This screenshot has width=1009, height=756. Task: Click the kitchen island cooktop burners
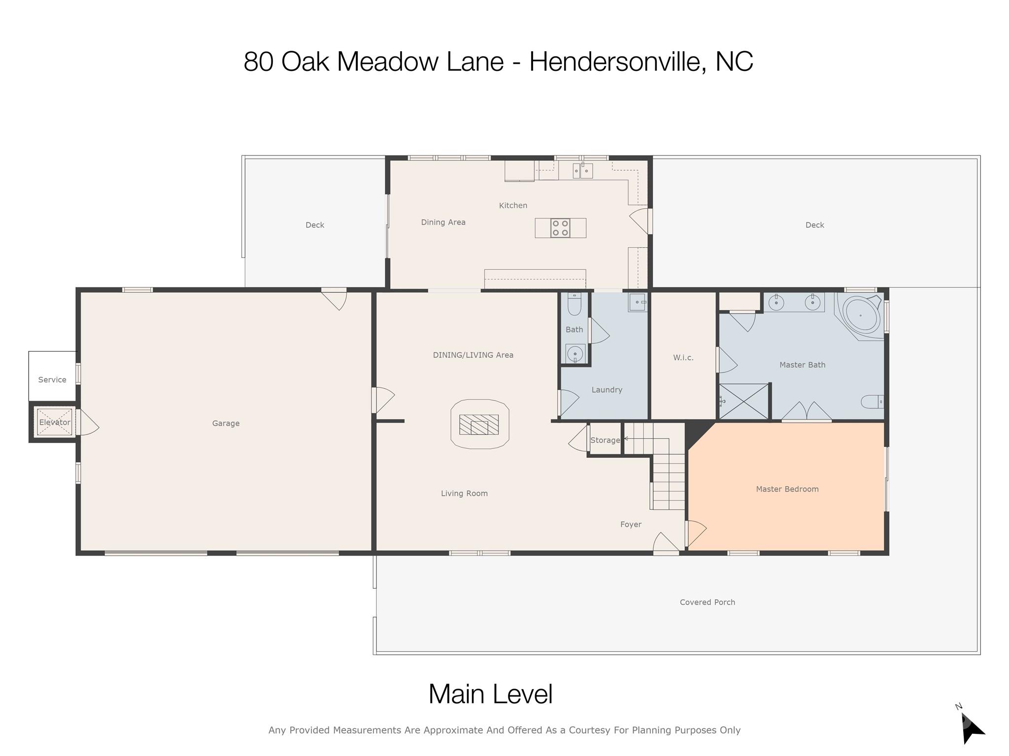click(x=560, y=228)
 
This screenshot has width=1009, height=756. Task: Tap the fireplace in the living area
click(x=479, y=424)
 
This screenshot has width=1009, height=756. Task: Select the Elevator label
click(x=55, y=422)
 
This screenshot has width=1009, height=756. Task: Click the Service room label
click(x=52, y=379)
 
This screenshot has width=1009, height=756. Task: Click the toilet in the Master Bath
click(x=872, y=402)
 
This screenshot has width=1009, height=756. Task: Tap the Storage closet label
click(x=605, y=440)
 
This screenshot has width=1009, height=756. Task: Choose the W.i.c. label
click(x=683, y=357)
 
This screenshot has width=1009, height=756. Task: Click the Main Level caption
click(x=491, y=694)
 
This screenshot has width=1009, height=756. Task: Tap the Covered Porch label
click(x=707, y=602)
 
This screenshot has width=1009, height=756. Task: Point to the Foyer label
click(x=631, y=524)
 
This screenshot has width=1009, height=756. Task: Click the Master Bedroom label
click(x=787, y=489)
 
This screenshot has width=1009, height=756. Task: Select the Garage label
click(x=226, y=423)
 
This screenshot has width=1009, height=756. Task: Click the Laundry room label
click(x=607, y=390)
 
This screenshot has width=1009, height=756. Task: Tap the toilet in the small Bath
click(x=574, y=304)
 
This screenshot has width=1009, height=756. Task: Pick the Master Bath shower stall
click(x=744, y=402)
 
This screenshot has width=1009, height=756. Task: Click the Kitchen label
click(x=513, y=205)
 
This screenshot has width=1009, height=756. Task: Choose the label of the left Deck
click(x=315, y=225)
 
